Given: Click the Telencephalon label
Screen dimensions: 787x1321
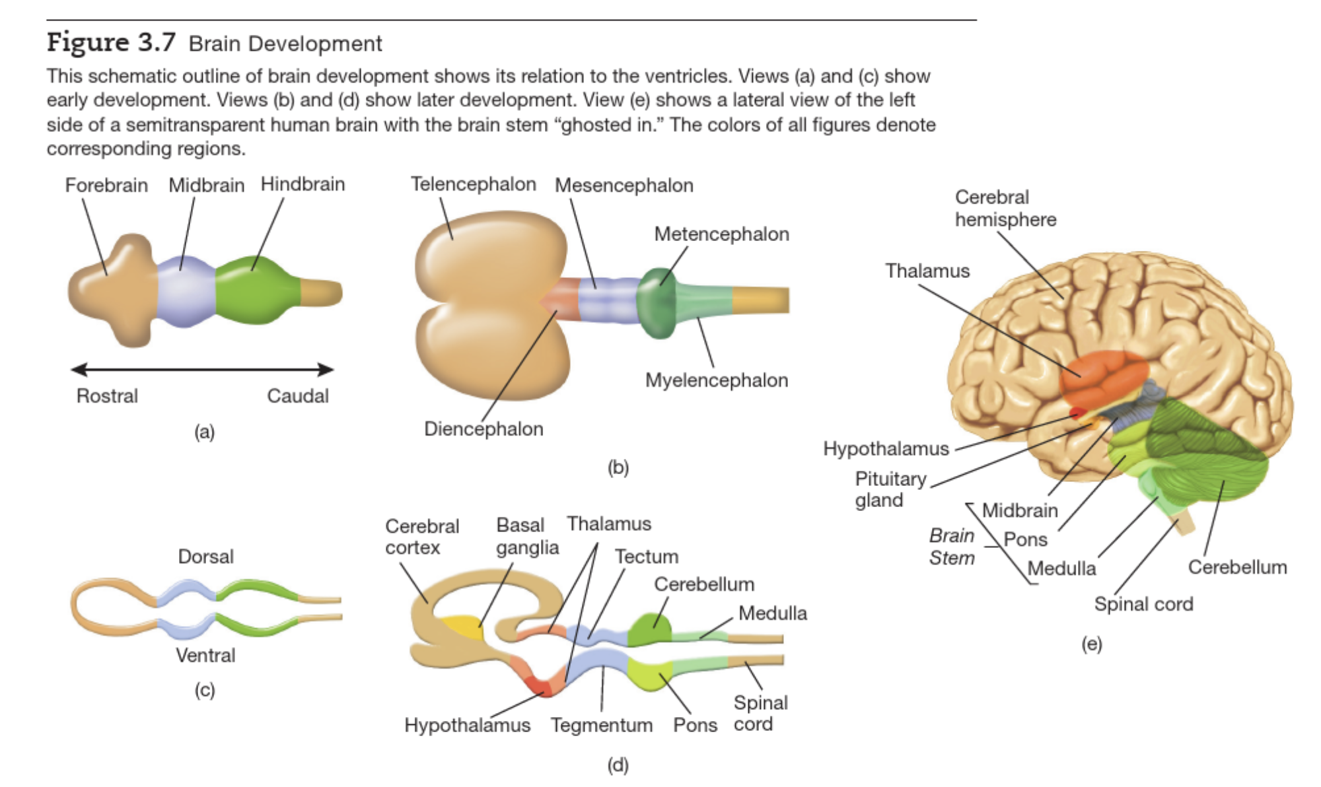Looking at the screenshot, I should [473, 184].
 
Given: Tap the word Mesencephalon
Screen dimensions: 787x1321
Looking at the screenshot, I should [624, 186].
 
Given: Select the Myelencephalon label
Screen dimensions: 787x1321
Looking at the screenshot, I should [716, 380].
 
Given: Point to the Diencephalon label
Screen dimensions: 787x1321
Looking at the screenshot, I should [483, 429].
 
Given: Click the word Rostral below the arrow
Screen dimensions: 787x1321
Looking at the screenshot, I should [107, 396].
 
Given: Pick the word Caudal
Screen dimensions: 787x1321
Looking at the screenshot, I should [297, 396].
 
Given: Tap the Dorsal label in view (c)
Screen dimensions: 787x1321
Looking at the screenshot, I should [205, 557].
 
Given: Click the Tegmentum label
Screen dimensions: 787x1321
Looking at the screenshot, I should [601, 725].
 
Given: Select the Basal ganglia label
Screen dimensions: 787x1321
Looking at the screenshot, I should [527, 536].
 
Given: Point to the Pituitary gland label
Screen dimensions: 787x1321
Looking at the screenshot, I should [890, 489].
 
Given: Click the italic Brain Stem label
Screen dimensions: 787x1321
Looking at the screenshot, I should [951, 547].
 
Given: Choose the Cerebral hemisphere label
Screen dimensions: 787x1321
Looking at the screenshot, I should [1005, 208].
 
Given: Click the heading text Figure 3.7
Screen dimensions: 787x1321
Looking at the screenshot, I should [111, 42].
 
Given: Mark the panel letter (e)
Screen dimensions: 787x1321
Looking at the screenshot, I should [1091, 644].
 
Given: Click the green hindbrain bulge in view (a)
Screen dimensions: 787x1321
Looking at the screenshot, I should [254, 291].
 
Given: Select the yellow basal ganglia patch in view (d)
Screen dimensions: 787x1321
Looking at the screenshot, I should [462, 628].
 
